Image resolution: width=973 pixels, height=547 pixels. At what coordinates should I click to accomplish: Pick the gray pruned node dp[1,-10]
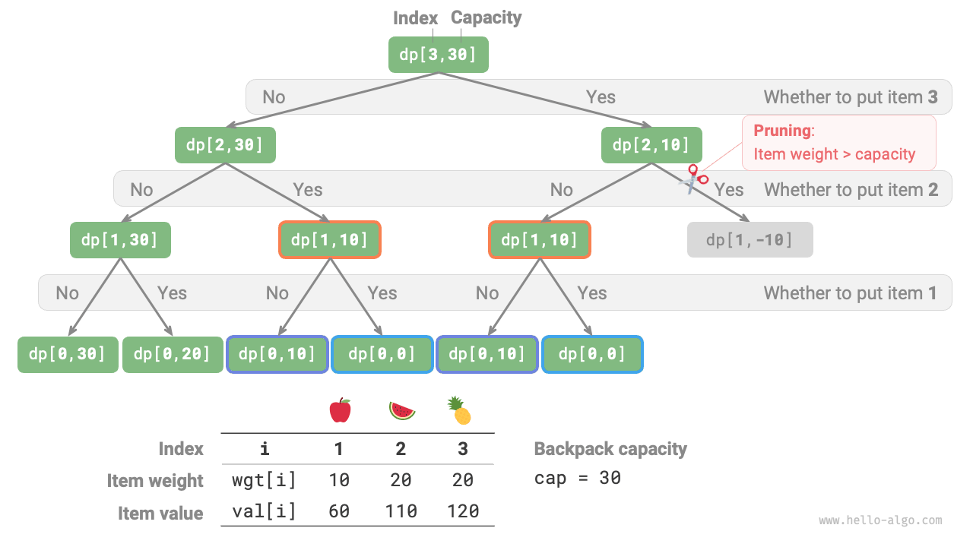[x=750, y=240]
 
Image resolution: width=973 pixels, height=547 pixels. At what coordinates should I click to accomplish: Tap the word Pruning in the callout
[x=782, y=131]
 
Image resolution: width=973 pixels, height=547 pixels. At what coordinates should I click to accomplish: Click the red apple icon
[x=340, y=411]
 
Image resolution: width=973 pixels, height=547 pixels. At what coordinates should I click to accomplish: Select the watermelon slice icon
[x=402, y=411]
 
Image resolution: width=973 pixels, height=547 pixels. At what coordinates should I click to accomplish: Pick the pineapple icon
[x=459, y=411]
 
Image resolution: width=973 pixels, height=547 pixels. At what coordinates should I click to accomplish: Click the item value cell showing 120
[x=462, y=511]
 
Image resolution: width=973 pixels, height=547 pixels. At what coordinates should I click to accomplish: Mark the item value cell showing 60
[x=339, y=511]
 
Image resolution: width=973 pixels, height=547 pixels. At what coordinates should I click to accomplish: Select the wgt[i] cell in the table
[x=264, y=480]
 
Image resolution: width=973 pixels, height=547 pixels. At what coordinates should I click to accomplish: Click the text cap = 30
[x=578, y=478]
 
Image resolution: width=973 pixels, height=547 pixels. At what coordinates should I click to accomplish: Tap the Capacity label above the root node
[x=486, y=17]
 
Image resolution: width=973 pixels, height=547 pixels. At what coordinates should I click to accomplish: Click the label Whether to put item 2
[x=851, y=190]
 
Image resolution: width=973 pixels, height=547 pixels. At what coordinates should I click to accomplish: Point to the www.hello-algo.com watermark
[x=880, y=520]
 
